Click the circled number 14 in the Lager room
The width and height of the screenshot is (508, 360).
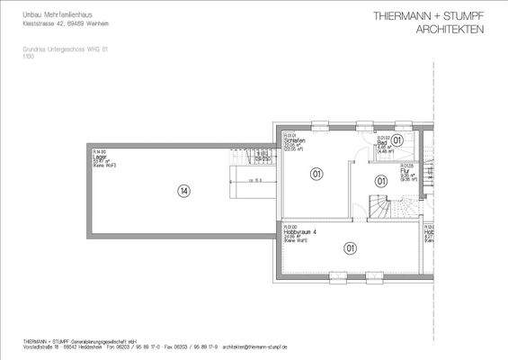(183, 191)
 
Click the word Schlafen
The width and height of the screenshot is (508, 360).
(295, 141)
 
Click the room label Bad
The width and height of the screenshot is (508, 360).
(381, 143)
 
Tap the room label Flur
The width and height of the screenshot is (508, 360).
(381, 170)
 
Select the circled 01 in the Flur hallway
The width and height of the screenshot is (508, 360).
(381, 181)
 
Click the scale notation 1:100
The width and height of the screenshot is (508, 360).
(28, 56)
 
